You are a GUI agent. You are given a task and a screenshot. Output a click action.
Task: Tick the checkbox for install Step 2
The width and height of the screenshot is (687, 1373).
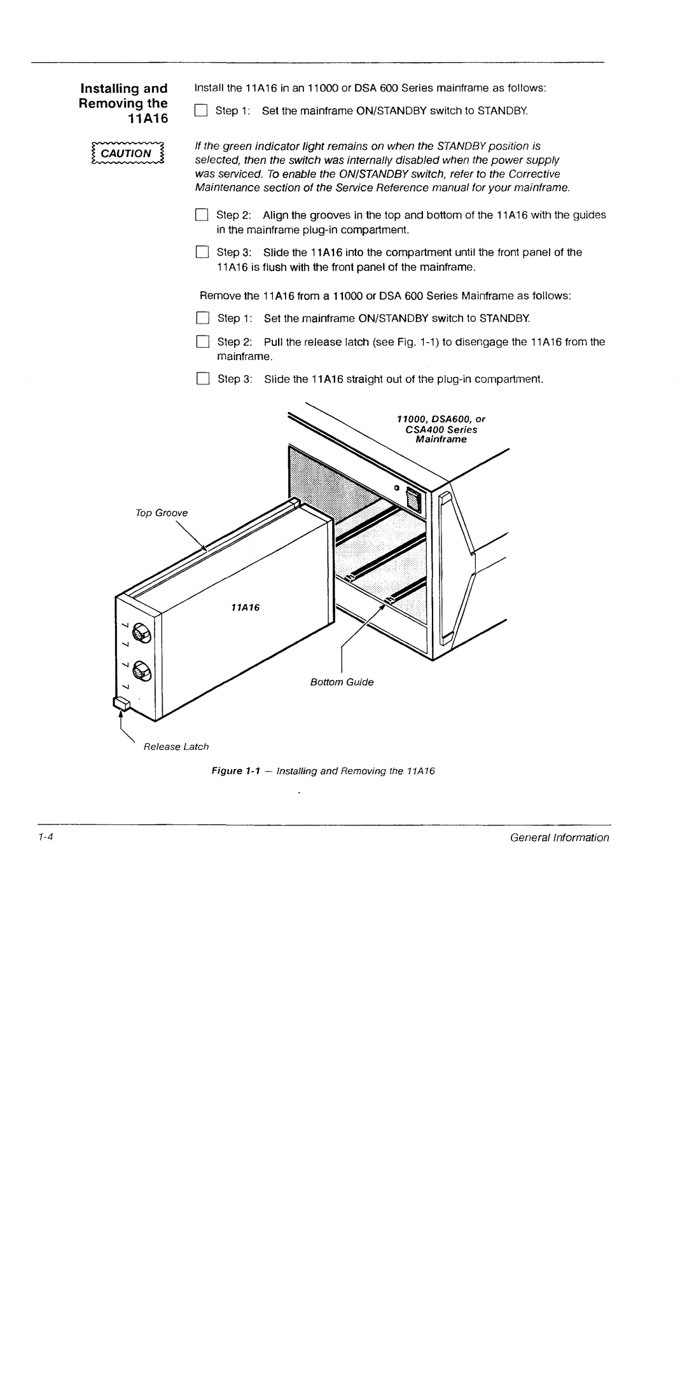click(202, 215)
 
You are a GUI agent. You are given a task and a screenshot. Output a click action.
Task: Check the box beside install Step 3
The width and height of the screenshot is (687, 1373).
click(202, 252)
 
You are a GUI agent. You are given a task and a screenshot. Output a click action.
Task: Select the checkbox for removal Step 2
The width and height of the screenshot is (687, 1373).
click(202, 342)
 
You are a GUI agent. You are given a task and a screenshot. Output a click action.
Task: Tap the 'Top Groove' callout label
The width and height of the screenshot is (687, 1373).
click(162, 512)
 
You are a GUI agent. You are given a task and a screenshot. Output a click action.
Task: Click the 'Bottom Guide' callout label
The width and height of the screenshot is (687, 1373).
click(342, 682)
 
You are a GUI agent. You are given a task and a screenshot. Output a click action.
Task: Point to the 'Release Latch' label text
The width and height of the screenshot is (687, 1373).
click(176, 746)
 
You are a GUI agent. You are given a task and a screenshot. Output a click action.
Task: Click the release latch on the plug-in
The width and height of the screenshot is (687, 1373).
click(121, 703)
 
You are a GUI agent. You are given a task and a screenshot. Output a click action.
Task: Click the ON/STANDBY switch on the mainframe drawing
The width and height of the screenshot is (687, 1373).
click(413, 498)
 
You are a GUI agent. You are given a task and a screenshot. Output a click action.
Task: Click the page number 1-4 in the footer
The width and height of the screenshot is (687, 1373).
click(44, 837)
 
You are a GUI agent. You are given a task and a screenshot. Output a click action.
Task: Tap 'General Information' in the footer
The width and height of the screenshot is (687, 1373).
click(559, 837)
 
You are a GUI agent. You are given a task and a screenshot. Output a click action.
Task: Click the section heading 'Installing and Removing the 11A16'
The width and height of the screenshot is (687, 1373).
click(124, 103)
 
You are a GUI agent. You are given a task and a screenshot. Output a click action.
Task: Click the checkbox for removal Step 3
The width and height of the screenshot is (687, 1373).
click(202, 379)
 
